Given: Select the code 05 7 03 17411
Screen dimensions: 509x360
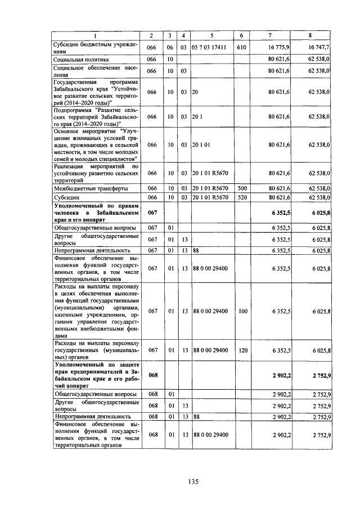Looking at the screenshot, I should [209, 48].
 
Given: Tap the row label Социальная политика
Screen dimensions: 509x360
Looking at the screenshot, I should [80, 59].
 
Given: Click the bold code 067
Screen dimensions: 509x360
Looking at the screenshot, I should [151, 213].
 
